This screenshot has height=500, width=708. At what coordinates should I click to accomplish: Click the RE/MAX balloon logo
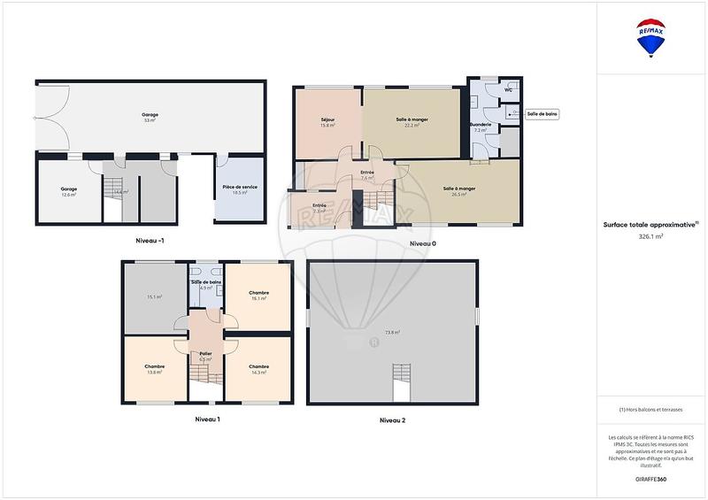(x=652, y=38)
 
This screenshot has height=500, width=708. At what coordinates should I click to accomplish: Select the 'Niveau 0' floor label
(x=422, y=243)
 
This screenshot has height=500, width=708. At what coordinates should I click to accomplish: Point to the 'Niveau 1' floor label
(x=207, y=419)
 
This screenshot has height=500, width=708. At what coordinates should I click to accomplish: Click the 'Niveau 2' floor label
(x=392, y=419)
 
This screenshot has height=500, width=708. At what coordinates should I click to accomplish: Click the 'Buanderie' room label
(x=481, y=125)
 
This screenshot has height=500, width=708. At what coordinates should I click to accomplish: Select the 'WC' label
(x=508, y=90)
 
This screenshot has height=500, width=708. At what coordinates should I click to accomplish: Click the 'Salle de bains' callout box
(x=542, y=113)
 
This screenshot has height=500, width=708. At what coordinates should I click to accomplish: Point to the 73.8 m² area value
(x=391, y=332)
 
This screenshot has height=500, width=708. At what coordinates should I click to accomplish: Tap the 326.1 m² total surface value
(x=651, y=237)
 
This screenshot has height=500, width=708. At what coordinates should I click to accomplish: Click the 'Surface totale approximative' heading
(x=651, y=225)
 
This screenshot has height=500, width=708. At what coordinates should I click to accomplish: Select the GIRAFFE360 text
(x=651, y=477)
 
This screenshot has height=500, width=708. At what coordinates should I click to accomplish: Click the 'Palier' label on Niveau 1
(x=205, y=353)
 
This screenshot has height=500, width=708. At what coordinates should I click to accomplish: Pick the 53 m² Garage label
(x=150, y=117)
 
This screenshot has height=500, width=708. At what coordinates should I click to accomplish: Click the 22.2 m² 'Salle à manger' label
(x=412, y=121)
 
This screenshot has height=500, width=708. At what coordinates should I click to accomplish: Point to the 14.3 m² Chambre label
(x=258, y=369)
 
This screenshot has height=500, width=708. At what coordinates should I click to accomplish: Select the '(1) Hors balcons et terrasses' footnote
(x=651, y=410)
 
